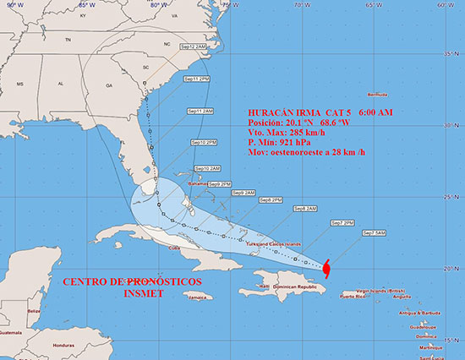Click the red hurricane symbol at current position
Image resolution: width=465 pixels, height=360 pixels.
(326, 268)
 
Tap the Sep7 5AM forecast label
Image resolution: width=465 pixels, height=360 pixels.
(373, 232)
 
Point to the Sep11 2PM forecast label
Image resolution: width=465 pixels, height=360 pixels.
(195, 79)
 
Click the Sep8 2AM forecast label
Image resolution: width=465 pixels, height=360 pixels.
(305, 209)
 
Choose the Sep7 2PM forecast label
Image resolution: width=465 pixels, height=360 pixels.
(342, 223)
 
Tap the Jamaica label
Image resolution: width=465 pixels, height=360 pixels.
(199, 297)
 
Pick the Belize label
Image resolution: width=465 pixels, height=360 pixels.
(34, 311)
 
